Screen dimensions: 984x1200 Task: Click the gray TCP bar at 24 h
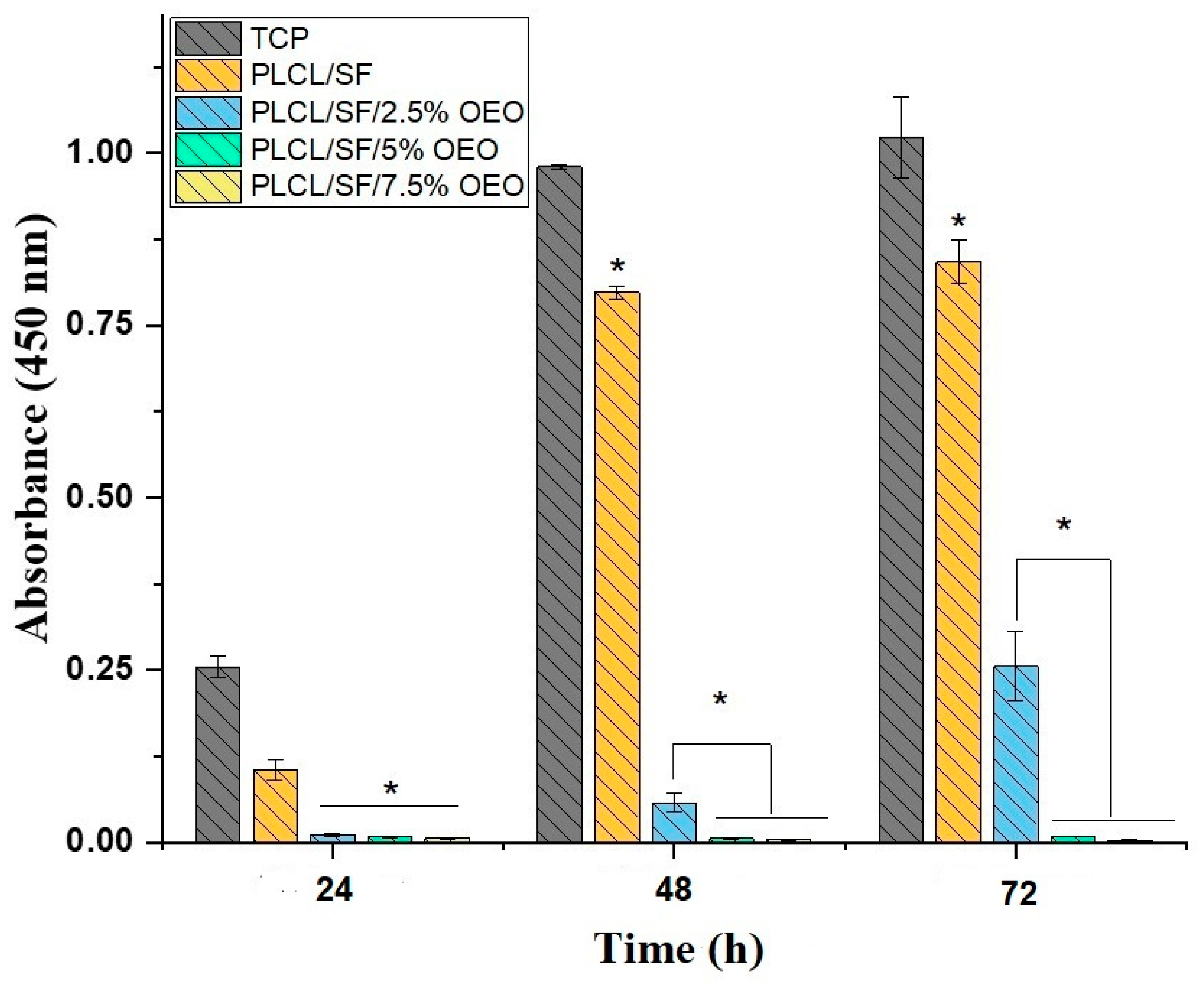218,754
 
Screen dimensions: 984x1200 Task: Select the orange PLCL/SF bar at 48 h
617,567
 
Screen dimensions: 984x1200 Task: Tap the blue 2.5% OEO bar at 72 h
1016,754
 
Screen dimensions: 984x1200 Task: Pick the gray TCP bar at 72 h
901,488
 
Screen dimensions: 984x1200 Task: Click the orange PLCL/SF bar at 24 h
276,805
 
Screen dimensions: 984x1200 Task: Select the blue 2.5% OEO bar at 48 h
674,822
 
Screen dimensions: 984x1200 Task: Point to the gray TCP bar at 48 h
560,505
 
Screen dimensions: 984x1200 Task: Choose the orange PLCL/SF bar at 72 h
958,550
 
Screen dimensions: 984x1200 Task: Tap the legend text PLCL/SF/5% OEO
374,150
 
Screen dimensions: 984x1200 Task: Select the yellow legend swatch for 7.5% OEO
208,186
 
